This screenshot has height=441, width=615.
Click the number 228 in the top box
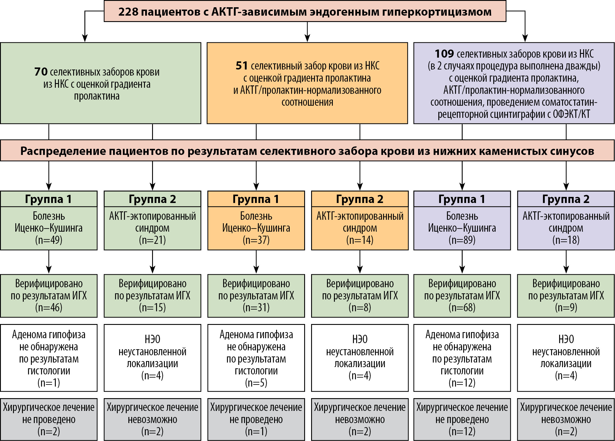128,12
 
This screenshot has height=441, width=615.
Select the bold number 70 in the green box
41,72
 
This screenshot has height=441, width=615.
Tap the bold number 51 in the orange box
242,66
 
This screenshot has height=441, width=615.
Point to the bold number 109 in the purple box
444,54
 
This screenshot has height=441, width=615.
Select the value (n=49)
49,240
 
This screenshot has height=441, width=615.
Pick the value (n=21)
152,240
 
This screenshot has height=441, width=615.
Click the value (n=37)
256,240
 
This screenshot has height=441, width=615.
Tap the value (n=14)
360,240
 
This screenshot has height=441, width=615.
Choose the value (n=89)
462,240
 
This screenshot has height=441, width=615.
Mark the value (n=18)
566,240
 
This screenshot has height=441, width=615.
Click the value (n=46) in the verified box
49,308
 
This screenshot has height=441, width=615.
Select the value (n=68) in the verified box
462,308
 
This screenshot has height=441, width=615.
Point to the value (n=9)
566,308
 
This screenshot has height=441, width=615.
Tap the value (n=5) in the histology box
256,383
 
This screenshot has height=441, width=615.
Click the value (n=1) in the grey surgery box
256,431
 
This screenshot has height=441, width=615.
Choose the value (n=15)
152,308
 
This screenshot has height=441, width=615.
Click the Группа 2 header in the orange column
360,199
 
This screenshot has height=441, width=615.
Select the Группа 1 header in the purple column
462,199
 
